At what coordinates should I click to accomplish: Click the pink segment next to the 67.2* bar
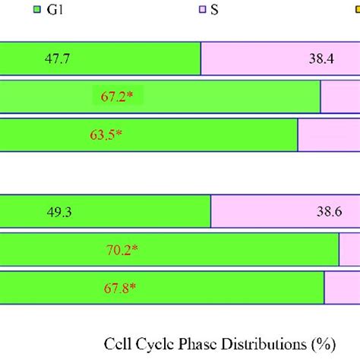(x=339, y=96)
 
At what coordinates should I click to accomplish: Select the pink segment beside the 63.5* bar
(x=328, y=135)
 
